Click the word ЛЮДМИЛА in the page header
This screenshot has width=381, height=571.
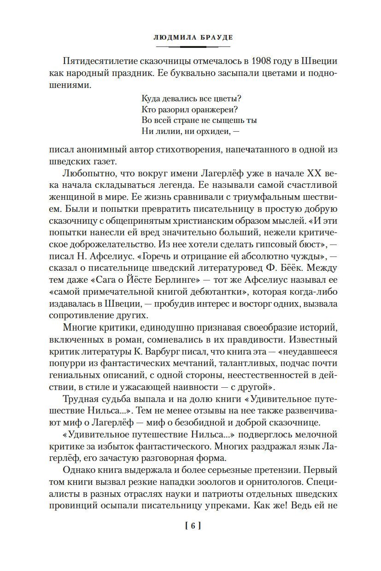tap(171, 37)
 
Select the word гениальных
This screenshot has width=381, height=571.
tap(77, 378)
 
